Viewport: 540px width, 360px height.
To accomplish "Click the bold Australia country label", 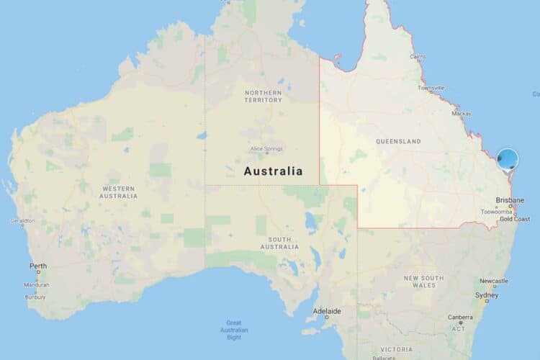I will [273, 172].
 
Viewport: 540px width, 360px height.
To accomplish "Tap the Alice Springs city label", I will [266, 149].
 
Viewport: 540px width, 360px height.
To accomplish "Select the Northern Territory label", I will [263, 96].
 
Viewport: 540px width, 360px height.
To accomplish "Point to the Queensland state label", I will [398, 142].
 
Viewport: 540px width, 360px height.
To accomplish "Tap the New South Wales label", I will [423, 281].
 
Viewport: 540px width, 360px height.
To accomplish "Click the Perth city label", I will [38, 266].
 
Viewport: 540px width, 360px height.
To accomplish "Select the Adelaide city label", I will [322, 312].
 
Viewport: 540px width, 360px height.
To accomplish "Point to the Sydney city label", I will [486, 295].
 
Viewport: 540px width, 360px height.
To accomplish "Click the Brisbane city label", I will [509, 201].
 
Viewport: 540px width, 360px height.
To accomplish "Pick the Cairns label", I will [417, 55].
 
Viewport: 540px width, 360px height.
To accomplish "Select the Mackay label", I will [461, 114].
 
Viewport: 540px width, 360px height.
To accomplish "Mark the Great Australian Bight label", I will [234, 330].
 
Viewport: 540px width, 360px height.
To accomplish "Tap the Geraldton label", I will [22, 220].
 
